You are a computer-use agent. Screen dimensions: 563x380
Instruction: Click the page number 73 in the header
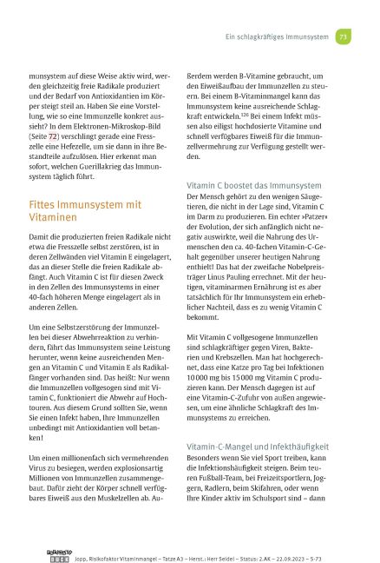(344, 38)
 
